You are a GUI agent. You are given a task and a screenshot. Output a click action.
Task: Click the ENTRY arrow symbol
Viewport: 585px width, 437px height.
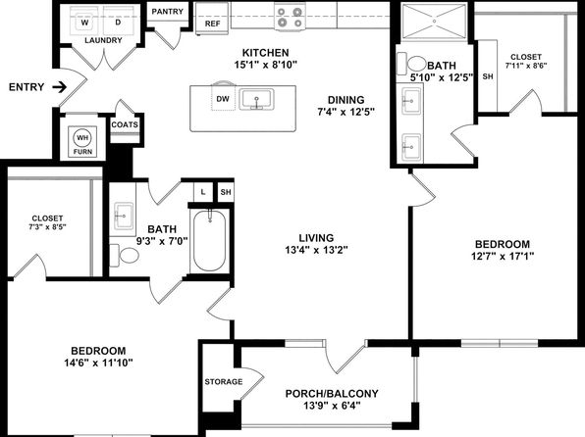59,87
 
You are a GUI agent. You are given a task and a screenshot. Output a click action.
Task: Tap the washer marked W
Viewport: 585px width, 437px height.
85,22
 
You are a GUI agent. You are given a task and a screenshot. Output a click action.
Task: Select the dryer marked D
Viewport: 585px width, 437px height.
118,22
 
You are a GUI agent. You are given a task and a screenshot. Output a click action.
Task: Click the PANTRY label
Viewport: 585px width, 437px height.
168,12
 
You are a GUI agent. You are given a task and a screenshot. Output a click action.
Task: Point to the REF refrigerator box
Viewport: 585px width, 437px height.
212,19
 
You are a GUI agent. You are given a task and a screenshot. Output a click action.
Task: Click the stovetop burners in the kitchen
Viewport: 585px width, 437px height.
290,17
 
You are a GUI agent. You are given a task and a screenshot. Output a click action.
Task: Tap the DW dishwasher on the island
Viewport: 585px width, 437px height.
223,98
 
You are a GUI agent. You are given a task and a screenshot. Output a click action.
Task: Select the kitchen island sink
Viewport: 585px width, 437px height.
256,100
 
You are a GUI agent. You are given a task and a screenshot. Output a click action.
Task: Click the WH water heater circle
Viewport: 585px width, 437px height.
82,138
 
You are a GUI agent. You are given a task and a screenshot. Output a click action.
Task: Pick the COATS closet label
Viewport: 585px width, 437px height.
125,124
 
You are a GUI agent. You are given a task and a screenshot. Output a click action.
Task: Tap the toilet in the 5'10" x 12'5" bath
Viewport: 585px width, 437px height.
412,64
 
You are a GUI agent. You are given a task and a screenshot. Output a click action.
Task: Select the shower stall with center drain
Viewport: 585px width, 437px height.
434,22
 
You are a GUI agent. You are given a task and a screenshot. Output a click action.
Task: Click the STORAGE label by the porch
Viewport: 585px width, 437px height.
224,382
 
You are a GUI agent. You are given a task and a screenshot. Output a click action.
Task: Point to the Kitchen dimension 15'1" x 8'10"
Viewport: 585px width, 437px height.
265,65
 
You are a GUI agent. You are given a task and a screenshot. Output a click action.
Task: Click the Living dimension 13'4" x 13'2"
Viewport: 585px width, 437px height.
316,250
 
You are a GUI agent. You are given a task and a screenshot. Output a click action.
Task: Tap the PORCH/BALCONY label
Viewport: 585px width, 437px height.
332,394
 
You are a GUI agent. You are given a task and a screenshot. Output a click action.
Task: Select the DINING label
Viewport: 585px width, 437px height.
346,100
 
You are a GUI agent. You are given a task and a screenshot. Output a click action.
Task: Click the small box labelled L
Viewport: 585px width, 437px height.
203,192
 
